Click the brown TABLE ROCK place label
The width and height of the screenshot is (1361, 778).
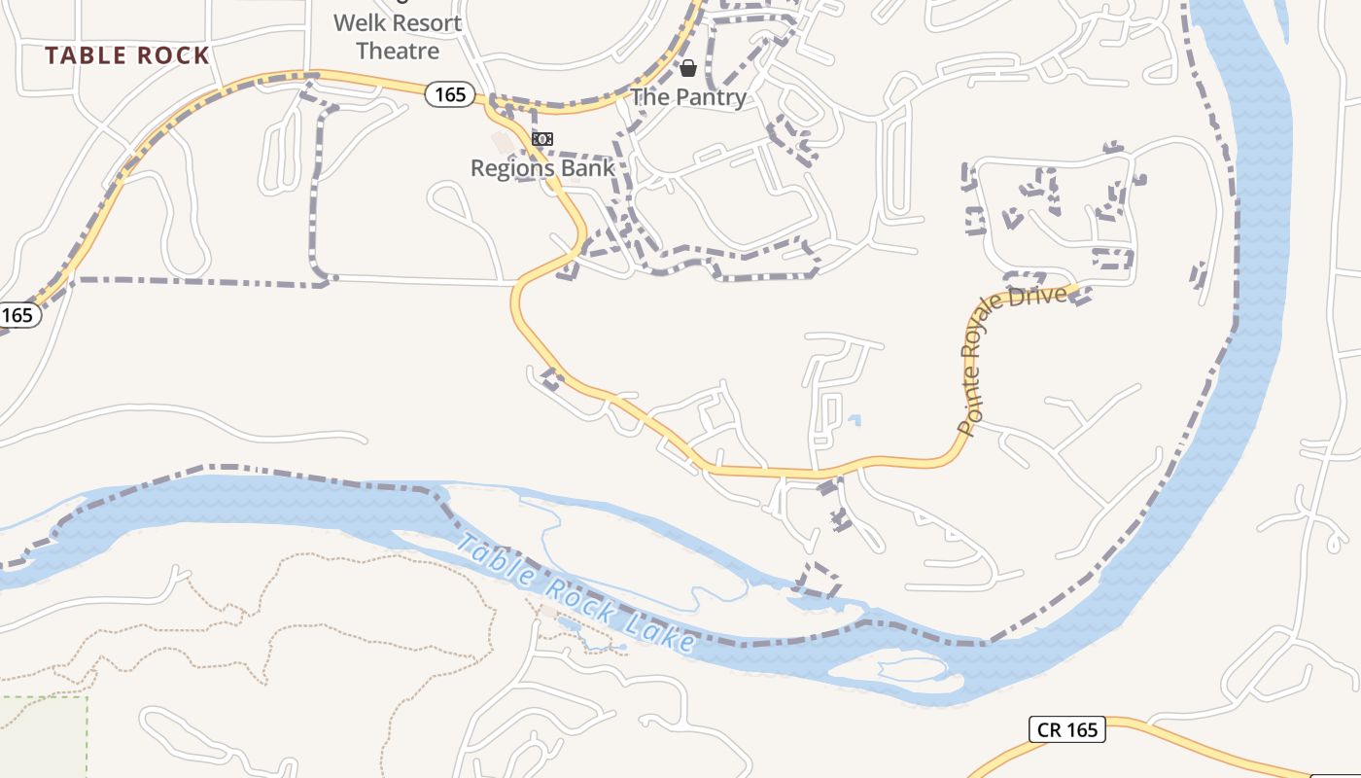(127, 55)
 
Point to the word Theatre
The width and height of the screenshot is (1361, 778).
(398, 51)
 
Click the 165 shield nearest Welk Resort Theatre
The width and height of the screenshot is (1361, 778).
(450, 94)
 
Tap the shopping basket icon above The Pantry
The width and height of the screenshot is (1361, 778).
(688, 68)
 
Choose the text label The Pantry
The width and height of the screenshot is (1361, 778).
(688, 97)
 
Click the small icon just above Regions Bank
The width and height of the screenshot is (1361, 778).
(542, 140)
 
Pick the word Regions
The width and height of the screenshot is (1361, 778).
(510, 168)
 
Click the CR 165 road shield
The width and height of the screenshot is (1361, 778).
(1066, 729)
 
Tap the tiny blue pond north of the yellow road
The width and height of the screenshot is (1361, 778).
(854, 421)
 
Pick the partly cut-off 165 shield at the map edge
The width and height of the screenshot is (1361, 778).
(17, 315)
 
